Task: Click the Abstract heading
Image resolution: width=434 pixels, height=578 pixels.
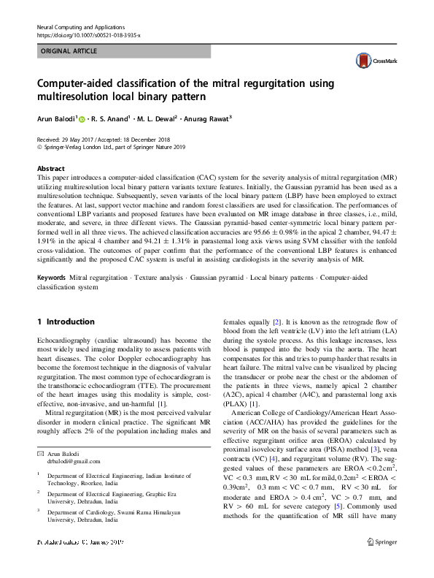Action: (x=50, y=167)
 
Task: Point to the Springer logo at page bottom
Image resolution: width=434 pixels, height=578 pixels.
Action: (x=383, y=562)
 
